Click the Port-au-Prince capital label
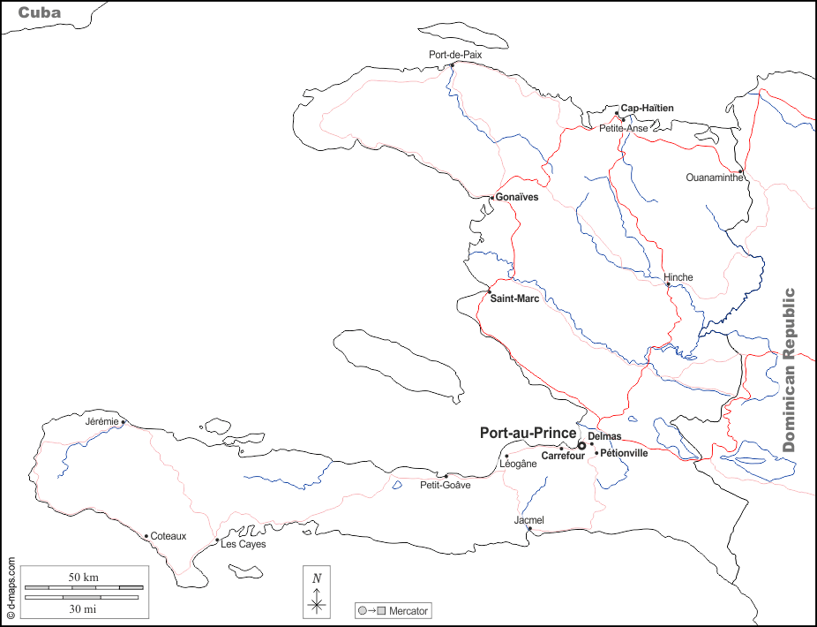pyautogui.click(x=528, y=434)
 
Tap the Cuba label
pyautogui.click(x=41, y=12)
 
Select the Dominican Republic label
pyautogui.click(x=790, y=370)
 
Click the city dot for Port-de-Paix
pyautogui.click(x=453, y=64)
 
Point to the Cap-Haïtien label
pyautogui.click(x=647, y=108)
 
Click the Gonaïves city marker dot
pyautogui.click(x=492, y=198)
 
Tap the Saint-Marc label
pyautogui.click(x=514, y=298)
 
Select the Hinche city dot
pyautogui.click(x=668, y=284)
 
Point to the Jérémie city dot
pyautogui.click(x=124, y=422)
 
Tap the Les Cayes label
pyautogui.click(x=243, y=545)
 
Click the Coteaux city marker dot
pyautogui.click(x=146, y=535)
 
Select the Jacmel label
pyautogui.click(x=528, y=520)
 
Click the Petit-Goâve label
pyautogui.click(x=446, y=485)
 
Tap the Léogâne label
pyautogui.click(x=518, y=464)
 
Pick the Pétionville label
pyautogui.click(x=624, y=453)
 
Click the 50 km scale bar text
pyautogui.click(x=84, y=578)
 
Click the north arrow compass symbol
pyautogui.click(x=317, y=592)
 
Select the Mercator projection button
pyautogui.click(x=394, y=610)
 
